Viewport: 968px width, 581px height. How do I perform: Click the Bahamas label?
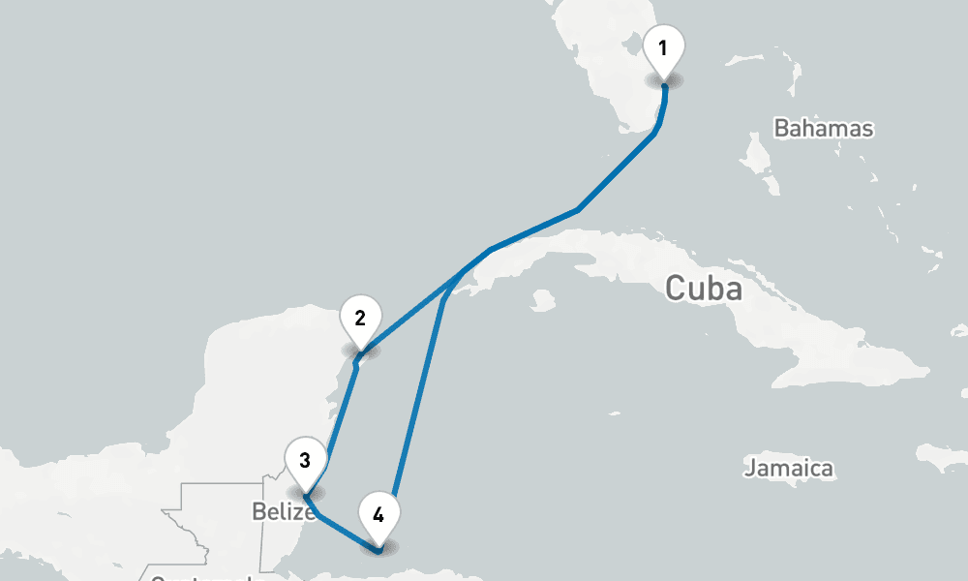coord(824,128)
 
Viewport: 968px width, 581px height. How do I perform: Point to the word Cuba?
coord(704,289)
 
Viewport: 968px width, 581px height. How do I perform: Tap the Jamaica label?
coord(789,469)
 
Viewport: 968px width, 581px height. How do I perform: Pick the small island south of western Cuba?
coord(543,301)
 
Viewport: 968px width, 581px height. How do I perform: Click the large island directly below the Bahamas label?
coord(759,154)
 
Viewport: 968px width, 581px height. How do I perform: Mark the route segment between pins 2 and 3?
coord(341,416)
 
